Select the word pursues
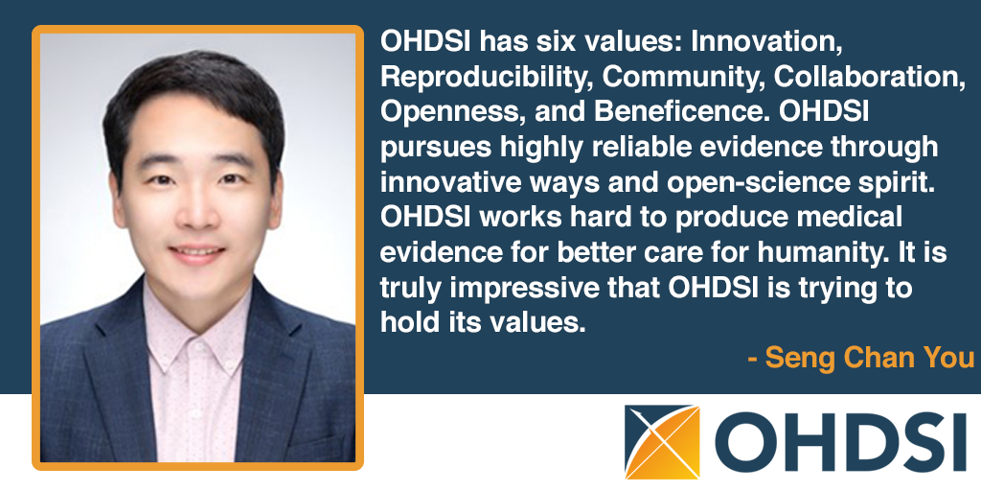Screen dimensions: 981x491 click(x=434, y=148)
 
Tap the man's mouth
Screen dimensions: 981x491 click(x=197, y=253)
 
